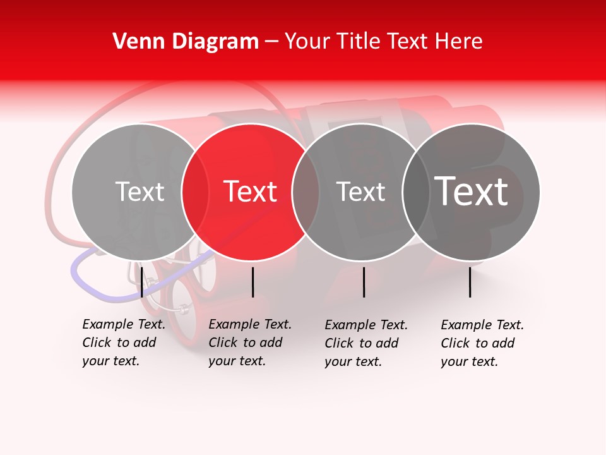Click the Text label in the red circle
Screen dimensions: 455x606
pyautogui.click(x=250, y=191)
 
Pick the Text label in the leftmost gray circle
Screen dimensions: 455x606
pyautogui.click(x=140, y=191)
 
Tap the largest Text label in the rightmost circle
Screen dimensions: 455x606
pyautogui.click(x=472, y=191)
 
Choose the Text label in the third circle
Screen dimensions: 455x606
pyautogui.click(x=360, y=191)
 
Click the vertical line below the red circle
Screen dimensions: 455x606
pyautogui.click(x=252, y=282)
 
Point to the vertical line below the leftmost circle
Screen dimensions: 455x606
pyautogui.click(x=141, y=282)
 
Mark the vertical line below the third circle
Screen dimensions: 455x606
pyautogui.click(x=364, y=282)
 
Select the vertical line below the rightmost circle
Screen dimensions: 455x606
pyautogui.click(x=470, y=282)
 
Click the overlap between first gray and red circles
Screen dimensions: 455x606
pyautogui.click(x=195, y=191)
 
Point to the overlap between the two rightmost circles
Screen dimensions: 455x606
pyautogui.click(x=415, y=191)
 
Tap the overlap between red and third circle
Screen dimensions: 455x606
pyautogui.click(x=306, y=191)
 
